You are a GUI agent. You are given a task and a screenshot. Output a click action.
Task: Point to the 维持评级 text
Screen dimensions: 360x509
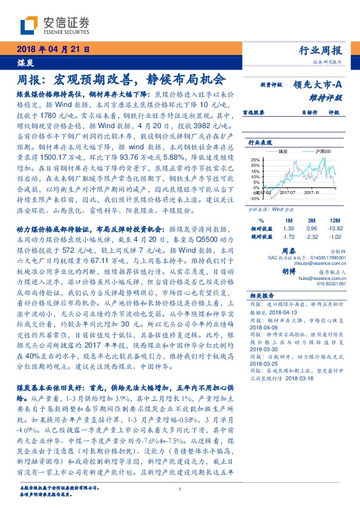point(329,97)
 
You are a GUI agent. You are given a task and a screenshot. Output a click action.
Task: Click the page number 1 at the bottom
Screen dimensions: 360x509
point(180,490)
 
